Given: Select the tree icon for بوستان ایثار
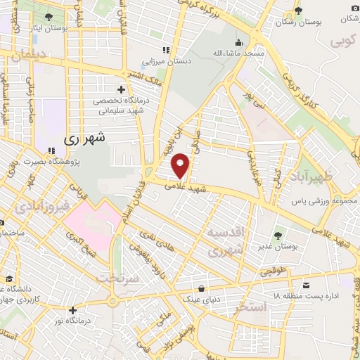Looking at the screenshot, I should pyautogui.click(x=49, y=17).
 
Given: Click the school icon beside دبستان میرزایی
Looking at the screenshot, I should pyautogui.click(x=167, y=50).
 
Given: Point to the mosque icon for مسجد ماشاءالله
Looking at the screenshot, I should pyautogui.click(x=240, y=42).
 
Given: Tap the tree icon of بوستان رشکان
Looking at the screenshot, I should pyautogui.click(x=298, y=10).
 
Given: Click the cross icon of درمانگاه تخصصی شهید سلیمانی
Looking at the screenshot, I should pyautogui.click(x=122, y=89).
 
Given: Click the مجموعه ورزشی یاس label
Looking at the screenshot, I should pyautogui.click(x=321, y=201).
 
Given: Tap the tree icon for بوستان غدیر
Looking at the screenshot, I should pyautogui.click(x=276, y=235).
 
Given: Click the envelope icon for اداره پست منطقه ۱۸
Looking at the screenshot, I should pyautogui.click(x=307, y=285).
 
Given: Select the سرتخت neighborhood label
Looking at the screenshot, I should pyautogui.click(x=114, y=278).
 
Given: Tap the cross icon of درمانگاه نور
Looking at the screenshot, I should pyautogui.click(x=72, y=310).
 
